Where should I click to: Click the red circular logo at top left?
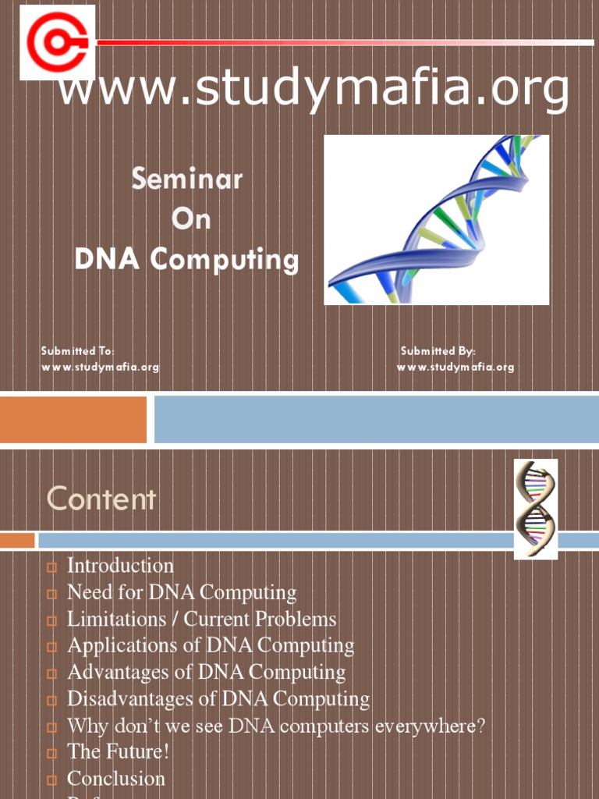coord(57,42)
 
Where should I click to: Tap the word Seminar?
coord(186,179)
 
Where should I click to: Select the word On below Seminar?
coord(191,219)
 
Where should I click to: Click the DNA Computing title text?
coord(186,260)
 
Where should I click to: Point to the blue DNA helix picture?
coord(436,219)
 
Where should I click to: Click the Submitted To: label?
coord(77,351)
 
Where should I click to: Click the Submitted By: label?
coord(438,351)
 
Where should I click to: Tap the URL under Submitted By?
coord(455,367)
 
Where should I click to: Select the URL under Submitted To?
coord(100,367)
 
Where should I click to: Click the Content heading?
coord(101,499)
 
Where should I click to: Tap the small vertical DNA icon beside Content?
coord(535,509)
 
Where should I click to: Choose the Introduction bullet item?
coord(120,566)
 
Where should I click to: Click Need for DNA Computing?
coord(182,592)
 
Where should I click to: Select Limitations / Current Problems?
coord(202,620)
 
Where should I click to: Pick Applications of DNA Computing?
coord(211,645)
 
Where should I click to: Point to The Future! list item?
coord(118,752)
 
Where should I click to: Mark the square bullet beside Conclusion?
coord(52,779)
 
